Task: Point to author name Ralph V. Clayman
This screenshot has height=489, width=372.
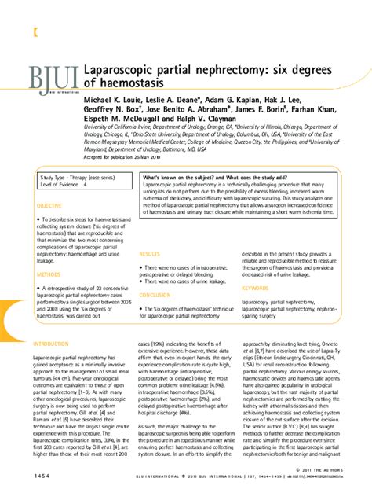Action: point(206,117)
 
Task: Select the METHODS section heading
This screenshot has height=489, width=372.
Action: point(47,275)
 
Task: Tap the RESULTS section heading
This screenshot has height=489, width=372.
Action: point(149,255)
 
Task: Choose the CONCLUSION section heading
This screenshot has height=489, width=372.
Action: point(155,296)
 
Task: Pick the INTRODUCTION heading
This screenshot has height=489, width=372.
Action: point(49,345)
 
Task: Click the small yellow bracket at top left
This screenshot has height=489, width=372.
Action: point(33,32)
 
